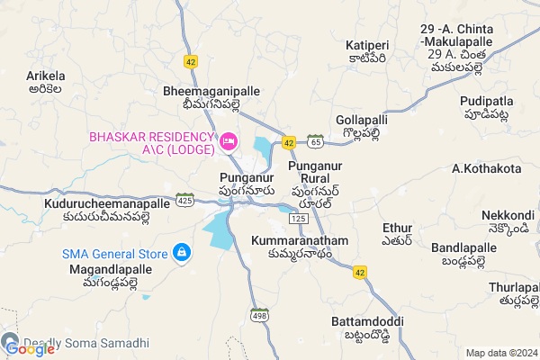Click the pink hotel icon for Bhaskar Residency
coord(229,141)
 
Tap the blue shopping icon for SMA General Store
coord(182,253)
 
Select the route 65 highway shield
coord(314,141)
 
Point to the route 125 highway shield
coord(300,220)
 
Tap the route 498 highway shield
coord(260,315)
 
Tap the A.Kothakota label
coord(486,168)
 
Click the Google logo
coord(29,349)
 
